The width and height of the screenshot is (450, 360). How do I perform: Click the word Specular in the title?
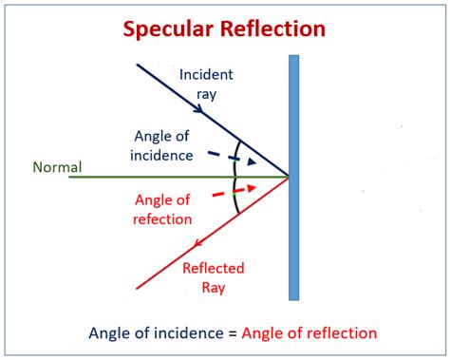click(167, 28)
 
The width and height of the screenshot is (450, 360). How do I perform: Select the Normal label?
click(57, 168)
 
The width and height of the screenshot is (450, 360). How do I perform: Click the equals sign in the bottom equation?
click(234, 333)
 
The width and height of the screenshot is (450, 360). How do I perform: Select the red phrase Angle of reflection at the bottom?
click(309, 333)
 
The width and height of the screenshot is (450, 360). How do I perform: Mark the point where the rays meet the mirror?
click(289, 177)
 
